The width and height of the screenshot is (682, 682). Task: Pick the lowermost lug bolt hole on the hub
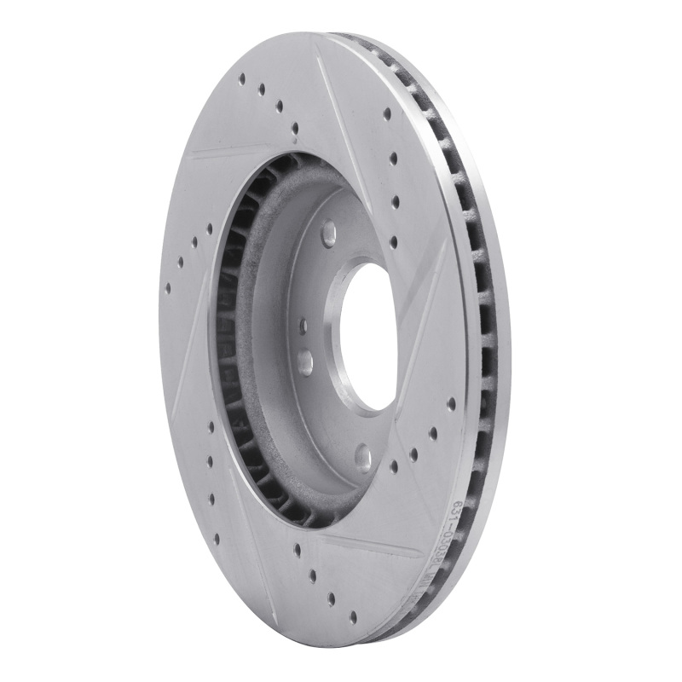[363, 459]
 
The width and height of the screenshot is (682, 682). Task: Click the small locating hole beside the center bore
[303, 325]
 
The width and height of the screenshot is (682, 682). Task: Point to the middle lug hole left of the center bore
[306, 361]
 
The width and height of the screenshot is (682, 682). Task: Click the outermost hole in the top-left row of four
[242, 78]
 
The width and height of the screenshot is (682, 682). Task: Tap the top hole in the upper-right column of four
[387, 113]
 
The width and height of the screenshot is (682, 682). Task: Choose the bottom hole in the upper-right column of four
[393, 242]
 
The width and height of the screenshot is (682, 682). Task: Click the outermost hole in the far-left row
[167, 286]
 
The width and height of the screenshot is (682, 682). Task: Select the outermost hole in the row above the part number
[451, 403]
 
